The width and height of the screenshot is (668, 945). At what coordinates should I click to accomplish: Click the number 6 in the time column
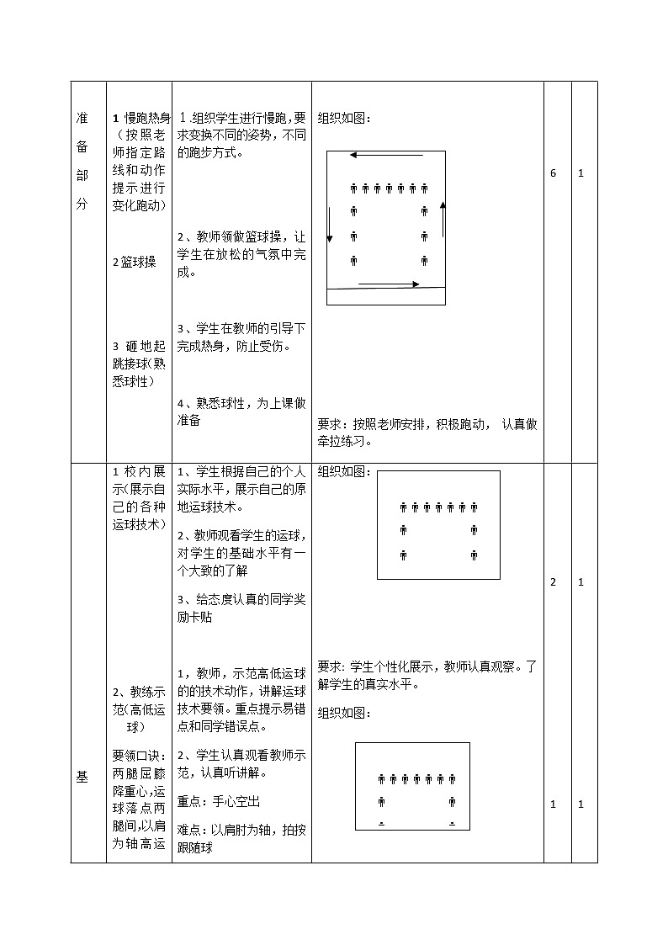(553, 173)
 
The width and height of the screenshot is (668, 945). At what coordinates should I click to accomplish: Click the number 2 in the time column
(553, 582)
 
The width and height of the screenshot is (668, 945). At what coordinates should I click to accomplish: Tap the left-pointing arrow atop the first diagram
(374, 155)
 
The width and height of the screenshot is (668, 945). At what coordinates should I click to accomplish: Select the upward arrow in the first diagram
(443, 219)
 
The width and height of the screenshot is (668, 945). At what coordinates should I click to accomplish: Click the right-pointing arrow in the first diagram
(388, 284)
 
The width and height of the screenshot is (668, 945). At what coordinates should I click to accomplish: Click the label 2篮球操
(135, 262)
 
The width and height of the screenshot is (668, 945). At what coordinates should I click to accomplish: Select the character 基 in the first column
(82, 778)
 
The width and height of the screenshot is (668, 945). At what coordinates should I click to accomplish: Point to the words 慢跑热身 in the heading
(147, 118)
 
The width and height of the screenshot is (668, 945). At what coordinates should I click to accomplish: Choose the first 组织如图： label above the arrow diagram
(343, 118)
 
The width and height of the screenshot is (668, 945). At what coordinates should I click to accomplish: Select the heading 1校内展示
(139, 470)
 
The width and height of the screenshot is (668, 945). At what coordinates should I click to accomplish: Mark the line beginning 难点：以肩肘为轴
(241, 830)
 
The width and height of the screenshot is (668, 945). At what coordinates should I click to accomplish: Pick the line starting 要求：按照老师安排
(427, 425)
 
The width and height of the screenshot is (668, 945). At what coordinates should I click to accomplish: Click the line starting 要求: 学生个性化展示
(427, 666)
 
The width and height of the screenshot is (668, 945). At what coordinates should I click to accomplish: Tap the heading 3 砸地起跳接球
(139, 347)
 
